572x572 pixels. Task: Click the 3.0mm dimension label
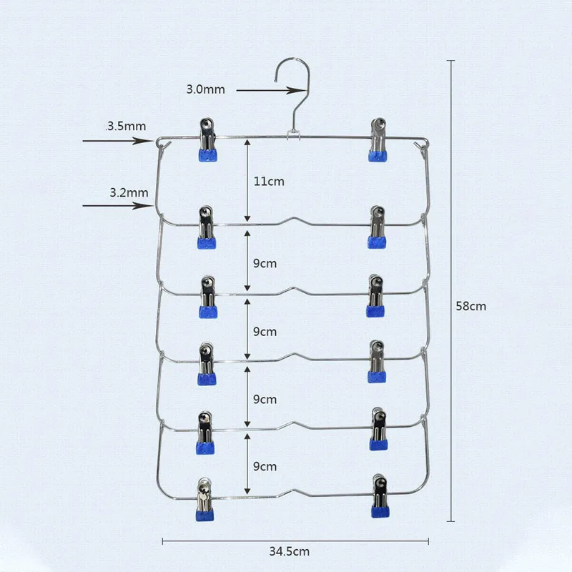coord(205,89)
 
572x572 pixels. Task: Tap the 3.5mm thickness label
coord(127,127)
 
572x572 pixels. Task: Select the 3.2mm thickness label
coord(129,192)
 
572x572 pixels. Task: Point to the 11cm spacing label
coord(269,182)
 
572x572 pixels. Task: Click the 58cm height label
coord(471,306)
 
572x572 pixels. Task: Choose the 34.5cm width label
coord(290,551)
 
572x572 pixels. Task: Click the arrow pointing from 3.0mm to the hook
coord(270,91)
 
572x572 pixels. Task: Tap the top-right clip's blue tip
coord(378,155)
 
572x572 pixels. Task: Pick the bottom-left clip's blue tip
coord(204,515)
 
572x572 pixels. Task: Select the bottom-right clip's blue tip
coord(380,511)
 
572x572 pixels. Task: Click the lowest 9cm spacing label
coord(265,466)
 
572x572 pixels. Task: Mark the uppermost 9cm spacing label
coord(265,263)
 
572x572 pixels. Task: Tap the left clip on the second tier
coord(207,227)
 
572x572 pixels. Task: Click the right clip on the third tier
coord(375,296)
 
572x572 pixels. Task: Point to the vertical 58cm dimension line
coord(451,291)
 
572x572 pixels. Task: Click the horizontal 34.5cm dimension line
coord(295,541)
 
